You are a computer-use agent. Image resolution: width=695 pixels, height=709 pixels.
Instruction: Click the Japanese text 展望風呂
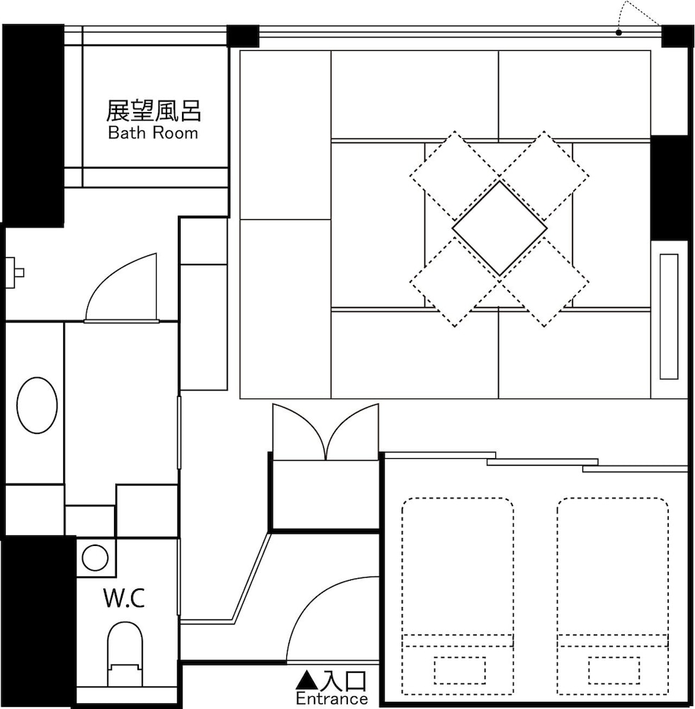click(154, 111)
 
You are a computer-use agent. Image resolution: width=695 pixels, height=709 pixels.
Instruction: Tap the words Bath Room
click(153, 133)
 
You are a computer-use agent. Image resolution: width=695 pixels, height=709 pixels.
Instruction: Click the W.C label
click(124, 599)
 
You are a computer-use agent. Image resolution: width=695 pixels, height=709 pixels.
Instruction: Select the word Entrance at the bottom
click(332, 699)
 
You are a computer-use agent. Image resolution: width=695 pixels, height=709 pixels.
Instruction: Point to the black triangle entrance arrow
click(304, 681)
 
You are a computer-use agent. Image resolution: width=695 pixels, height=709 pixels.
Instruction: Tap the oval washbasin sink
click(37, 406)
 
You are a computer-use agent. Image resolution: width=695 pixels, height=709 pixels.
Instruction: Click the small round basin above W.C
click(95, 558)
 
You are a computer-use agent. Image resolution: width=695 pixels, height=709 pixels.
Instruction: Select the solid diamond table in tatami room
click(499, 228)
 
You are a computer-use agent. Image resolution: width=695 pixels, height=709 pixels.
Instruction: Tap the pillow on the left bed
click(460, 670)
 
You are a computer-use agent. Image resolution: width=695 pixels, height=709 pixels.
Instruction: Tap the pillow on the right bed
click(614, 670)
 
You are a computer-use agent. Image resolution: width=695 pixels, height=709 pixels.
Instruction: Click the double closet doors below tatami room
click(325, 432)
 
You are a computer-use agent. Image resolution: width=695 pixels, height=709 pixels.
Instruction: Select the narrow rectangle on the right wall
click(669, 316)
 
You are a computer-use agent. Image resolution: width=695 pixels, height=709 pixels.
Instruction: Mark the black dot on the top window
click(618, 33)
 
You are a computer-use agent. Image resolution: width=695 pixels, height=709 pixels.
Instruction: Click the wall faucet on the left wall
click(13, 272)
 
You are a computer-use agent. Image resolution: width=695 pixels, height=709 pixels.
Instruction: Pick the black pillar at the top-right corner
click(677, 36)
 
